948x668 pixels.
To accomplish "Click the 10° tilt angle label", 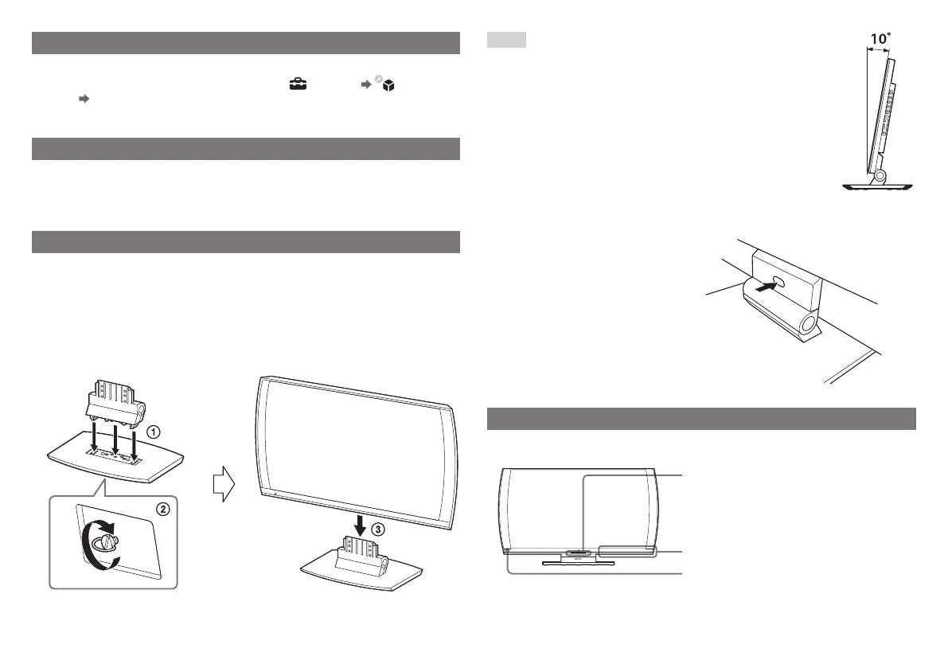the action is pos(877,37).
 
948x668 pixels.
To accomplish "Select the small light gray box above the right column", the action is pos(506,41).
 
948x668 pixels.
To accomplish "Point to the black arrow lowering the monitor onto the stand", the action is pos(361,525).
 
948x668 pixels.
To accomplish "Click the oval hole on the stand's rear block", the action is pos(778,283).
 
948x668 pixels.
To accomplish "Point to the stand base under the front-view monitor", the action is pos(579,562).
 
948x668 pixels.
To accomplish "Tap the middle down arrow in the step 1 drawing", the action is pos(115,441).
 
